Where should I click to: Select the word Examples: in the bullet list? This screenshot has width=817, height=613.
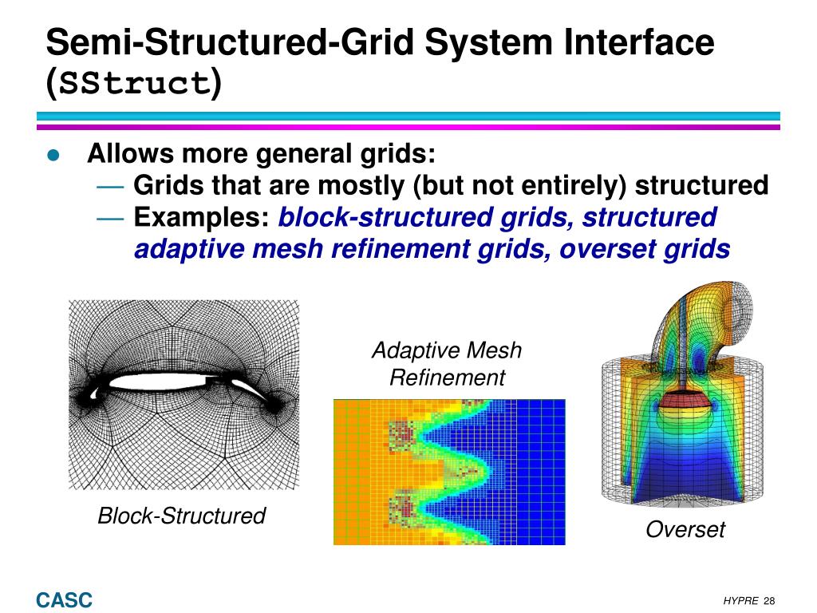[202, 217]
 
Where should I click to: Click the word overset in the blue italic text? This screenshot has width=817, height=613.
[606, 249]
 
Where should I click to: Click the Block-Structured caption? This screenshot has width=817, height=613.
[181, 516]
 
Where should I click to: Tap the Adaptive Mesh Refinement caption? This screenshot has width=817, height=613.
[447, 363]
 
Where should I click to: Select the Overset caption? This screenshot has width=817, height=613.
[685, 529]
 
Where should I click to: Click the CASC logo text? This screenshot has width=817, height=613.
[64, 600]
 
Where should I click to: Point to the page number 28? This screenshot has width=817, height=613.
[770, 601]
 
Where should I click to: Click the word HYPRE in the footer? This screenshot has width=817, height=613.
[741, 601]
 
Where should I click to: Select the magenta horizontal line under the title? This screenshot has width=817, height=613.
[408, 127]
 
